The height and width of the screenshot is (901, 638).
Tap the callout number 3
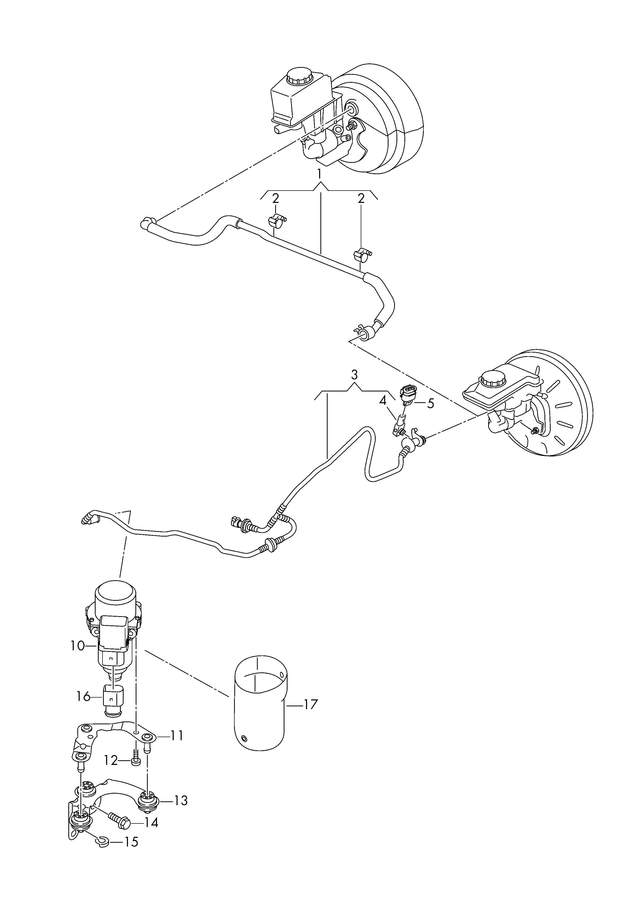tap(354, 375)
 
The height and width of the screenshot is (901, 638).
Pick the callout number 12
tap(111, 761)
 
